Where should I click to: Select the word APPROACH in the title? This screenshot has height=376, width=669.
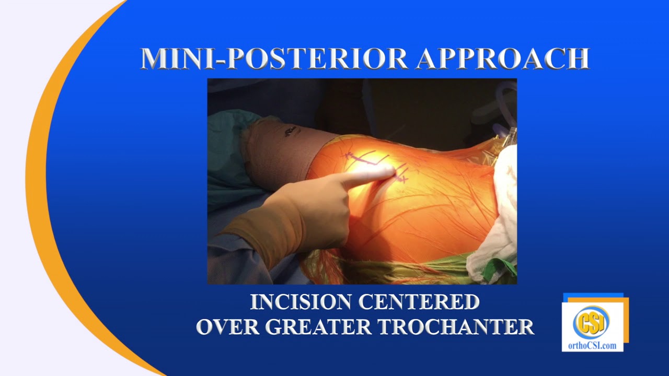(502, 58)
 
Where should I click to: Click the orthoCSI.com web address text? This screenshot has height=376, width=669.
(592, 345)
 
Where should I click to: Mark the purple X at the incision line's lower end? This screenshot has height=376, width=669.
(402, 179)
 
